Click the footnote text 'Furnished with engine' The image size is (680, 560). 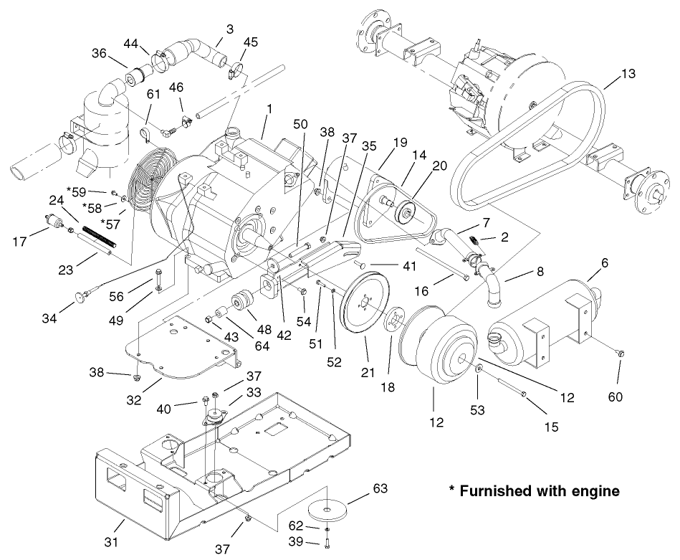533,492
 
